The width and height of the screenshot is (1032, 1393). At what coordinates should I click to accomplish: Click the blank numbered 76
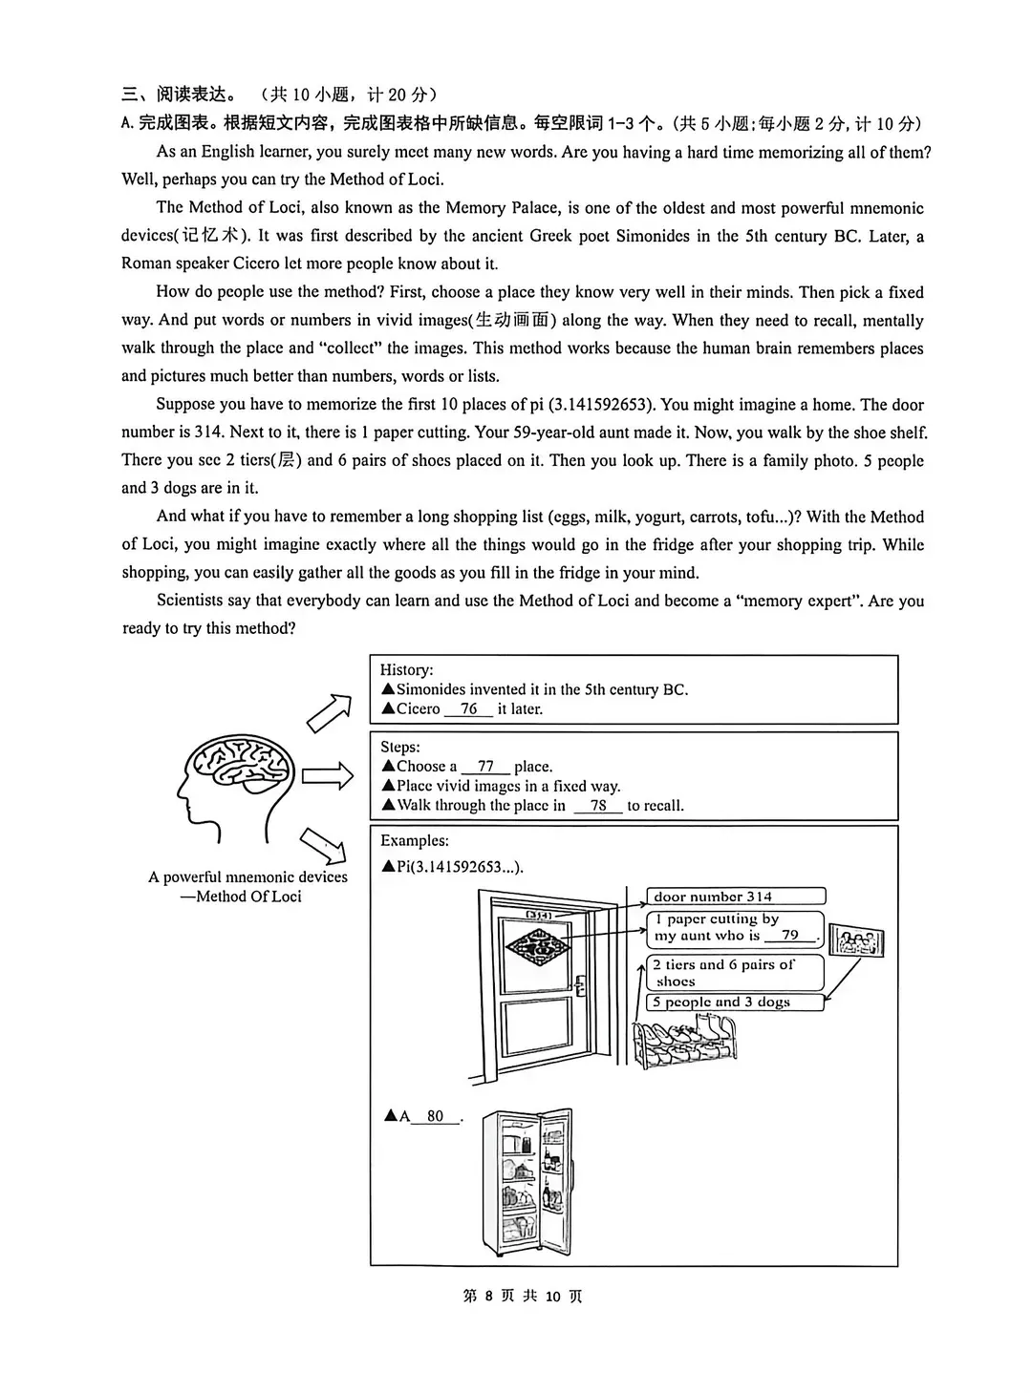tap(468, 709)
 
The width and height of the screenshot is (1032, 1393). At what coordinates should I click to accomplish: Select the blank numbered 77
tap(485, 767)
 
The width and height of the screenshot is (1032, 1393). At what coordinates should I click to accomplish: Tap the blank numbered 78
tap(598, 806)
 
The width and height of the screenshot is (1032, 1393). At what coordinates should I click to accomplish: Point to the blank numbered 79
tap(790, 936)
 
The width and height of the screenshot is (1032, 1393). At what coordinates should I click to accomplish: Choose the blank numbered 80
tap(436, 1116)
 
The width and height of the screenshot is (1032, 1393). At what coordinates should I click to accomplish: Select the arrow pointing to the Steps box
tap(328, 775)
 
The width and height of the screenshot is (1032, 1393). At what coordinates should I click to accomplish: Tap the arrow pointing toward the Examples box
tap(322, 844)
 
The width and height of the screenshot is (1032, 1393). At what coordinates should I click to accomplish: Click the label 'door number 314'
tap(734, 897)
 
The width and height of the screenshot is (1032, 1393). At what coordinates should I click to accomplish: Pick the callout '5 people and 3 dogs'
tap(734, 1002)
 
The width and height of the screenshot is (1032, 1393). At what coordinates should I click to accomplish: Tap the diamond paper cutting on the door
tap(537, 946)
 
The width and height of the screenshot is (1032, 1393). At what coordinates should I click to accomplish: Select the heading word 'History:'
tap(406, 670)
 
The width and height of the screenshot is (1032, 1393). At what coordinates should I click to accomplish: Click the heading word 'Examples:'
tap(414, 841)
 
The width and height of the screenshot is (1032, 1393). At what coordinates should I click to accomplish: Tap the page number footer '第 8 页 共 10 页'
tap(522, 1296)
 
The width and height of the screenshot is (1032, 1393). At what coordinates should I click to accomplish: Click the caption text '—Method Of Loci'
tap(241, 897)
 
